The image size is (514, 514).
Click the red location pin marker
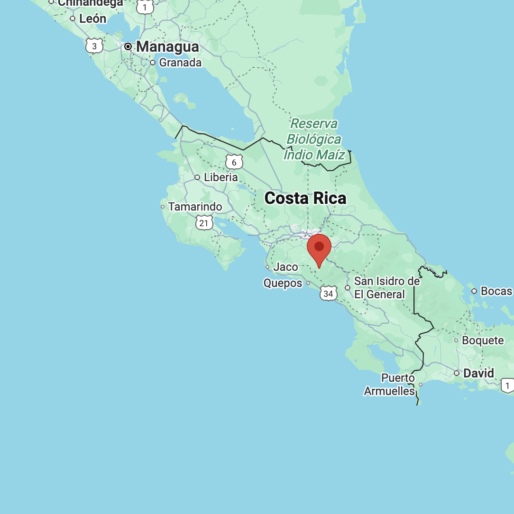click(x=319, y=248)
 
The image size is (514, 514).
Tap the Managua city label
click(x=167, y=47)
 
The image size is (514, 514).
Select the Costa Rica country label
click(x=305, y=198)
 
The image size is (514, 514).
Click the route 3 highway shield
click(x=94, y=46)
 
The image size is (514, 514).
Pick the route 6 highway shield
click(x=234, y=162)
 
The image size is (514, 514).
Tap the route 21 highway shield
click(x=204, y=222)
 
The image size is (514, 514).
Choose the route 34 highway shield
click(x=328, y=294)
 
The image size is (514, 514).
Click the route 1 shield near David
click(x=508, y=385)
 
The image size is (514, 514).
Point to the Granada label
click(x=180, y=63)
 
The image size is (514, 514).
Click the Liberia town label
click(x=220, y=177)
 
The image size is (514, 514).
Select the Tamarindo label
click(x=195, y=207)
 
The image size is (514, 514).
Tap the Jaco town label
click(x=285, y=267)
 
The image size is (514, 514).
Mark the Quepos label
click(x=283, y=283)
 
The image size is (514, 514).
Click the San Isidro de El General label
click(x=386, y=288)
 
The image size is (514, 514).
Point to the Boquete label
click(x=483, y=340)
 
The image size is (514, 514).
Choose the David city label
click(x=478, y=373)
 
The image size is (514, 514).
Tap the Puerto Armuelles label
click(x=390, y=385)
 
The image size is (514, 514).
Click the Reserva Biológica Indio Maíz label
click(x=313, y=139)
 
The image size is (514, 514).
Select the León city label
click(x=92, y=19)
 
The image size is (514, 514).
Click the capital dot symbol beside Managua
click(x=128, y=47)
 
